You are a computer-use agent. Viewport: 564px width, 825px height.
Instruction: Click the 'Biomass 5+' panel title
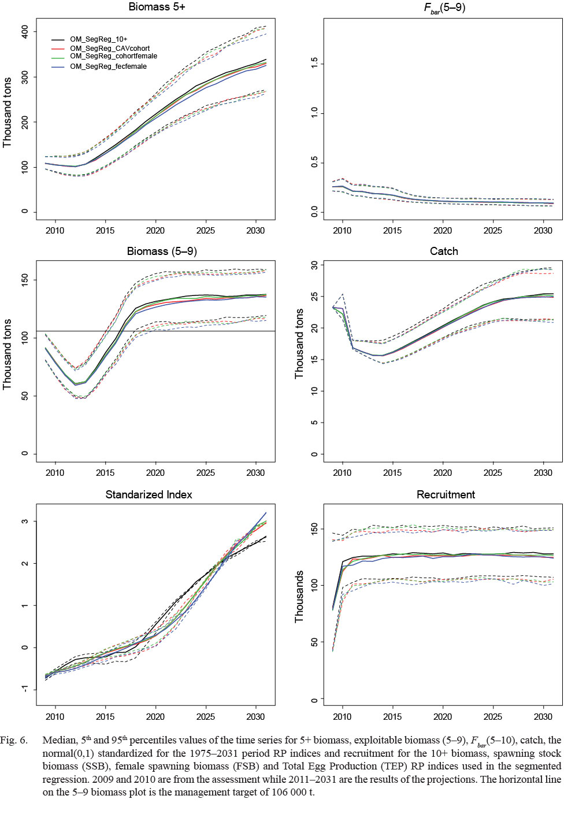pyautogui.click(x=157, y=7)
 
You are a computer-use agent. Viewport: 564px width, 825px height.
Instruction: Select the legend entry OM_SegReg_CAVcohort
pyautogui.click(x=110, y=49)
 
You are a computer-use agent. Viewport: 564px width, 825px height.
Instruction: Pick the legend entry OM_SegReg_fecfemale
pyautogui.click(x=108, y=66)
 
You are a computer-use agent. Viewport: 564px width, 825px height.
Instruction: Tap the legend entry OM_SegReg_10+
pyautogui.click(x=98, y=39)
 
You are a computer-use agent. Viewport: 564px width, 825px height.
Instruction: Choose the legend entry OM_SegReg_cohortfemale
pyautogui.click(x=113, y=57)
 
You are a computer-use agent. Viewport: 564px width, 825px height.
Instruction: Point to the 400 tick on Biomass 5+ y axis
pyautogui.click(x=24, y=32)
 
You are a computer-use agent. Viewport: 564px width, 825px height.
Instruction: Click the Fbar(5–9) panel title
pyautogui.click(x=444, y=8)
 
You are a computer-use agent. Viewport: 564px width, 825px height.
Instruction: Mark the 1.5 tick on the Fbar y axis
pyautogui.click(x=314, y=63)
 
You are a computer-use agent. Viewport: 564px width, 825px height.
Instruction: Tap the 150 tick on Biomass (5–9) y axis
pyautogui.click(x=24, y=280)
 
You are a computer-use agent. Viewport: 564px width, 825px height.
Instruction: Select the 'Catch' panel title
pyautogui.click(x=444, y=251)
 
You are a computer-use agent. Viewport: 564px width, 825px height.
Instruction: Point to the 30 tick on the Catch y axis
pyautogui.click(x=314, y=265)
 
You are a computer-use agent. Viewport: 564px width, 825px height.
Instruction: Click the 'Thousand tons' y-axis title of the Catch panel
pyautogui.click(x=299, y=343)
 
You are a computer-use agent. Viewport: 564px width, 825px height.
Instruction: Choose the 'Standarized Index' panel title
pyautogui.click(x=149, y=494)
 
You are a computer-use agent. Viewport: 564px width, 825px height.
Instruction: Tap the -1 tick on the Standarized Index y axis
pyautogui.click(x=24, y=689)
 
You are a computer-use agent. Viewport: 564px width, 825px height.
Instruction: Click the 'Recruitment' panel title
pyautogui.click(x=446, y=494)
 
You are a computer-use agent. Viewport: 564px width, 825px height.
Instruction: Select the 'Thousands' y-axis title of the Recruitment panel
pyautogui.click(x=299, y=597)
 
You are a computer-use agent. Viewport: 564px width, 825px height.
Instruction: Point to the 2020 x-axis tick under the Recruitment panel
pyautogui.click(x=443, y=716)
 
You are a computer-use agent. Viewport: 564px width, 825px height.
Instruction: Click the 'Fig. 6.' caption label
pyautogui.click(x=14, y=740)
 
